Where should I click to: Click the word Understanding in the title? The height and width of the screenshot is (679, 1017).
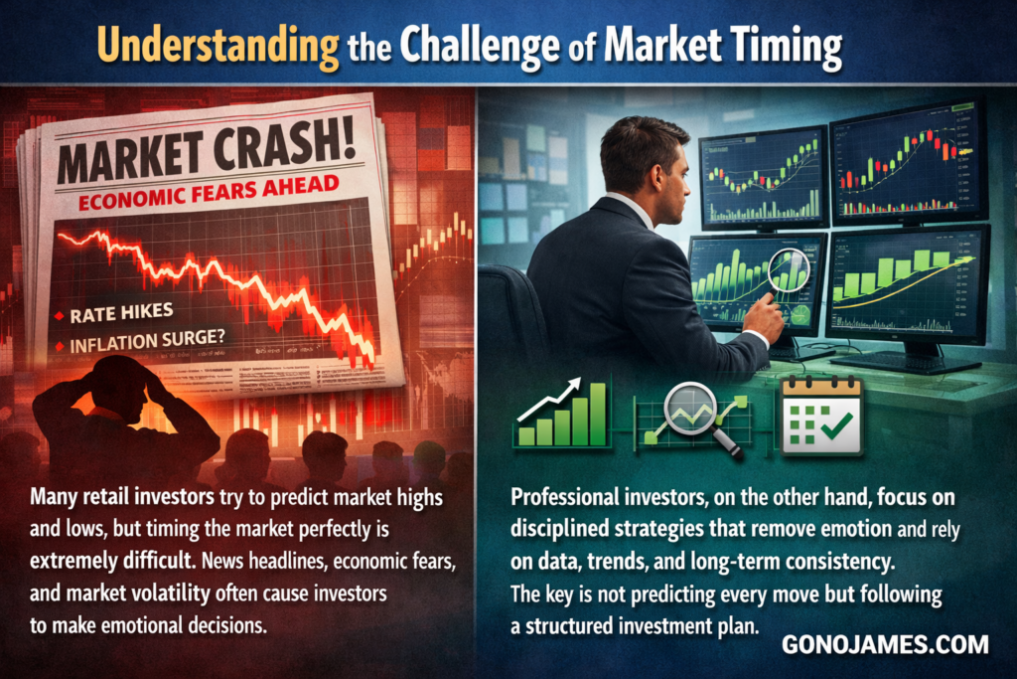(218, 46)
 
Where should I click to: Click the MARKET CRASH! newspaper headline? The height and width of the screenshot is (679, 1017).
(207, 154)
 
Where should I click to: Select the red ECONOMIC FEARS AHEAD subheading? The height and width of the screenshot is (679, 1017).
(209, 194)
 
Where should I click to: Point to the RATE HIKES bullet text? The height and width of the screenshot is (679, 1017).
(121, 313)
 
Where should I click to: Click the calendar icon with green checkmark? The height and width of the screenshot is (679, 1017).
(821, 417)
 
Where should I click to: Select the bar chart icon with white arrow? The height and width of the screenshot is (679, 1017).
(562, 414)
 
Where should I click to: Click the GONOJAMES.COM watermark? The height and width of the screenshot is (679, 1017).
(885, 644)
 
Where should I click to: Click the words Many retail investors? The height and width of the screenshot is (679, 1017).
(122, 498)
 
